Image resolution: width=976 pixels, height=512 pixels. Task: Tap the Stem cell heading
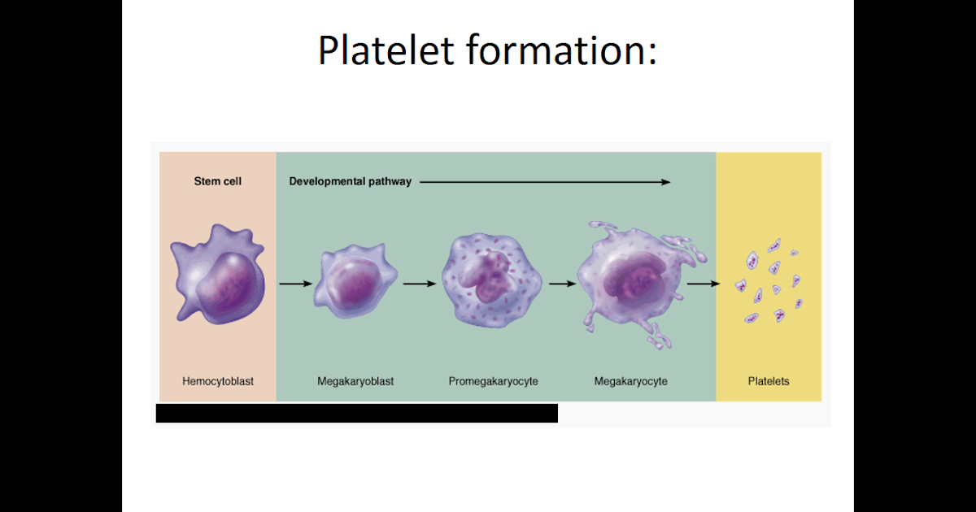point(217,181)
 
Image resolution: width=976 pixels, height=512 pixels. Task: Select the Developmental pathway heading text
point(351,181)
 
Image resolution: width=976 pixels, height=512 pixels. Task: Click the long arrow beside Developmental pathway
point(545,182)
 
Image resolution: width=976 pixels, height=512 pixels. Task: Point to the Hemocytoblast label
point(217,380)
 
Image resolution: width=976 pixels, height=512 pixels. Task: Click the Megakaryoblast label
point(355,380)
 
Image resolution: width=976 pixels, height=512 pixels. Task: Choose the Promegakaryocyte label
point(494,380)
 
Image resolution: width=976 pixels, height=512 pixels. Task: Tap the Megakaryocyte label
point(631,380)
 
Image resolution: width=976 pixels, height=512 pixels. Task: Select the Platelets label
point(769,380)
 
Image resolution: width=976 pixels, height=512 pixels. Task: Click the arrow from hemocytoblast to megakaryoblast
point(295,284)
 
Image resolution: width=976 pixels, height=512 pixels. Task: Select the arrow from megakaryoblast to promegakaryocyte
point(420,284)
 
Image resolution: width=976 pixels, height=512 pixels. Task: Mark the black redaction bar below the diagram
point(356,413)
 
